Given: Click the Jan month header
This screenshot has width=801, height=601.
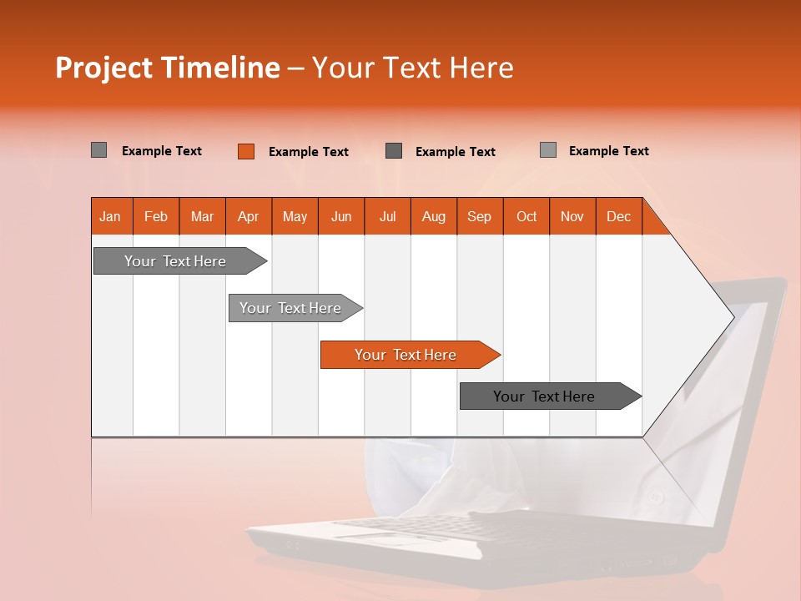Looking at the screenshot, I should coord(111,216).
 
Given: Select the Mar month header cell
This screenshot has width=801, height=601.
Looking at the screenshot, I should coord(202,216).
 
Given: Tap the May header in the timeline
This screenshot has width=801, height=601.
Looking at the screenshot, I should coord(295,216).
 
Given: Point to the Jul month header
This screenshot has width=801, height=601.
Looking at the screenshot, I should coord(387,216).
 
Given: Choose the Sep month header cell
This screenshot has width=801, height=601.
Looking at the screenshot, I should coord(479,216).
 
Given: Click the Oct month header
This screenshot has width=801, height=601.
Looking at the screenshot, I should coord(526,216).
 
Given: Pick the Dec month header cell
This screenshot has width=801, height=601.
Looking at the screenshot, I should coord(618,216).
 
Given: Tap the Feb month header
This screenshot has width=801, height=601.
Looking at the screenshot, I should coord(156,216).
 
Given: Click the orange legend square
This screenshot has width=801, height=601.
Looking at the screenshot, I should coord(246,151).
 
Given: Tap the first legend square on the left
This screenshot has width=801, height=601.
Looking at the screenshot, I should coord(99,150).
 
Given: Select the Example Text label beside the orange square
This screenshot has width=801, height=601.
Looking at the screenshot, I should coord(308,152).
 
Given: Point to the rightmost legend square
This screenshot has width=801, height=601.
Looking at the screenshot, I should coord(547,150).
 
